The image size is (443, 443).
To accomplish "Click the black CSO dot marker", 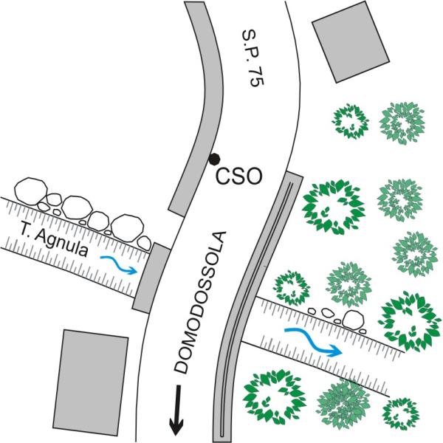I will click(x=214, y=158).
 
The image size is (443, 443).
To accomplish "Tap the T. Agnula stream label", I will click(x=49, y=239).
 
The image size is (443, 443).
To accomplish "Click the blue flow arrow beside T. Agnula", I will click(x=118, y=264).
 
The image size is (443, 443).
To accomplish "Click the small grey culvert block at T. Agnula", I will click(x=151, y=276).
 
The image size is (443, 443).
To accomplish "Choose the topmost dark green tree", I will click(x=350, y=121).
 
